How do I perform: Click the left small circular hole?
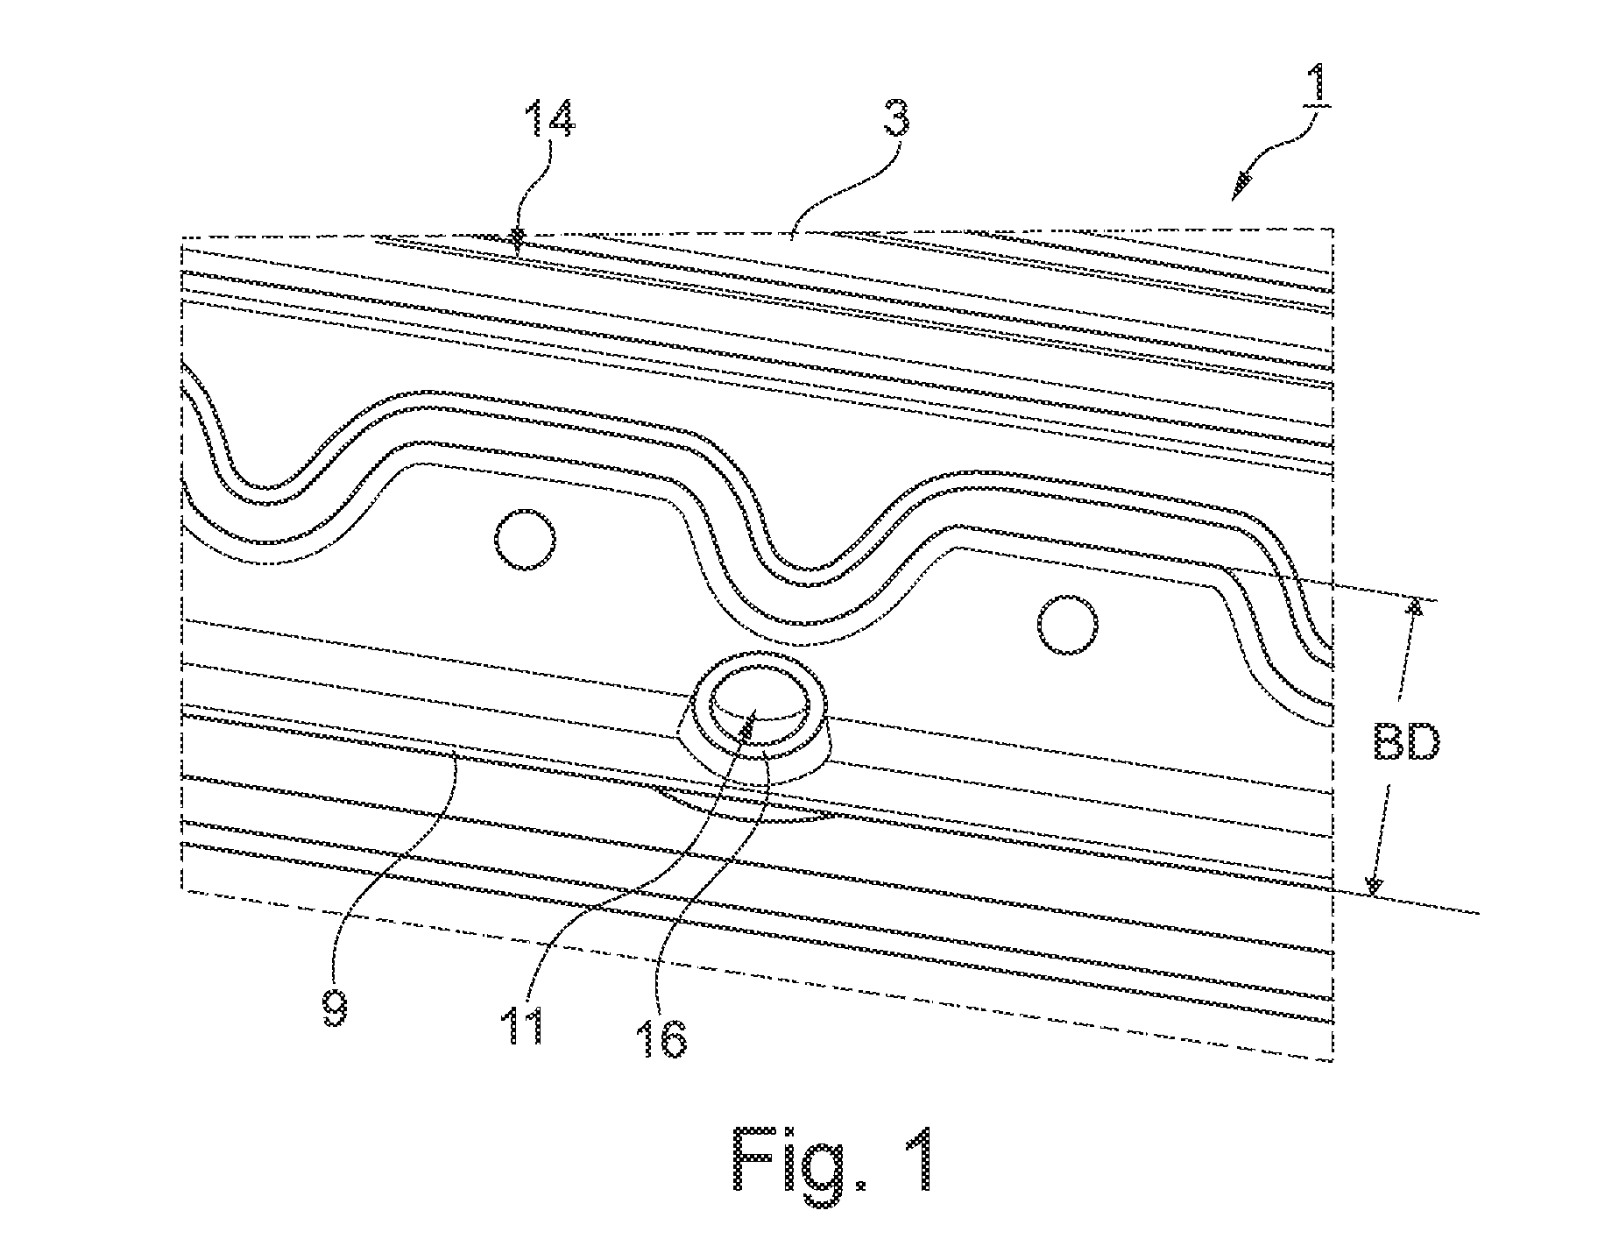pyautogui.click(x=525, y=539)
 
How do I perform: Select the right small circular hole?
pyautogui.click(x=1068, y=624)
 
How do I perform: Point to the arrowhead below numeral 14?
pyautogui.click(x=518, y=237)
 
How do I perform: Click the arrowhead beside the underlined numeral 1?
pyautogui.click(x=1242, y=186)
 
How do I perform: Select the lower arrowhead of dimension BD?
pyautogui.click(x=1374, y=887)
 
